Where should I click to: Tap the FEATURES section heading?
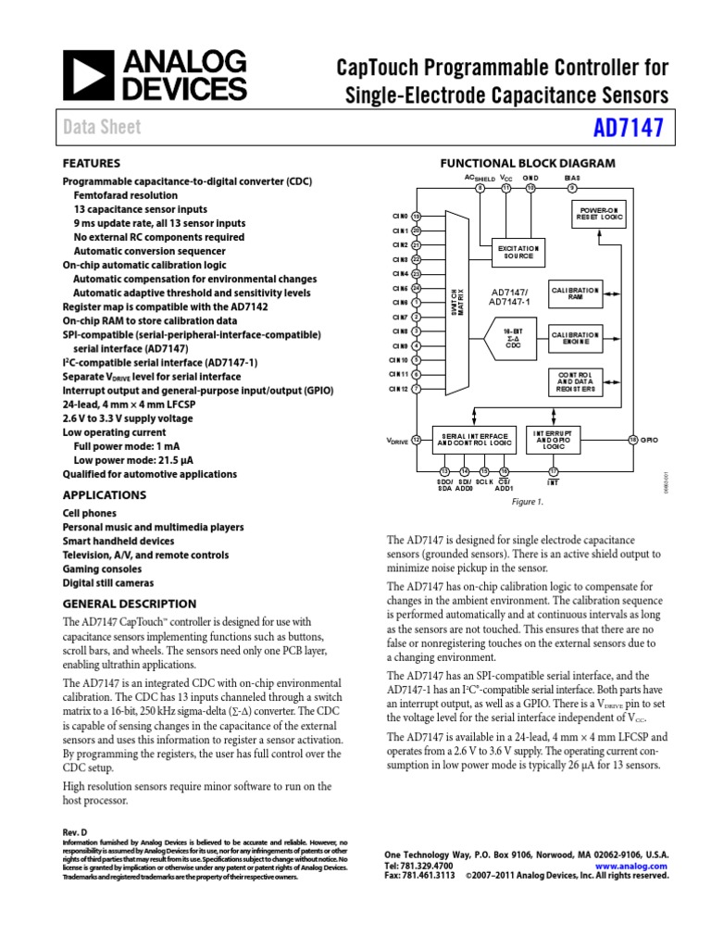click(91, 162)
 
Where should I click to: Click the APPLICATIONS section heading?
click(104, 495)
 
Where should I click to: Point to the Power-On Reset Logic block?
click(601, 215)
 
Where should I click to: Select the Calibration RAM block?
click(576, 293)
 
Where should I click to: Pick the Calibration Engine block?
click(576, 337)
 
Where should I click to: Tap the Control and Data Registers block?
click(576, 380)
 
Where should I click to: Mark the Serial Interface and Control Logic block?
click(474, 440)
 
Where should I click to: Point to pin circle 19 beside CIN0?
click(417, 216)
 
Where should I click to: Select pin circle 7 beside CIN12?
click(417, 389)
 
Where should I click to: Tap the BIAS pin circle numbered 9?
click(572, 188)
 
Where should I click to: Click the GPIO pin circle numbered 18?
click(633, 439)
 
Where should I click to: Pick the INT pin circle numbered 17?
click(553, 472)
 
